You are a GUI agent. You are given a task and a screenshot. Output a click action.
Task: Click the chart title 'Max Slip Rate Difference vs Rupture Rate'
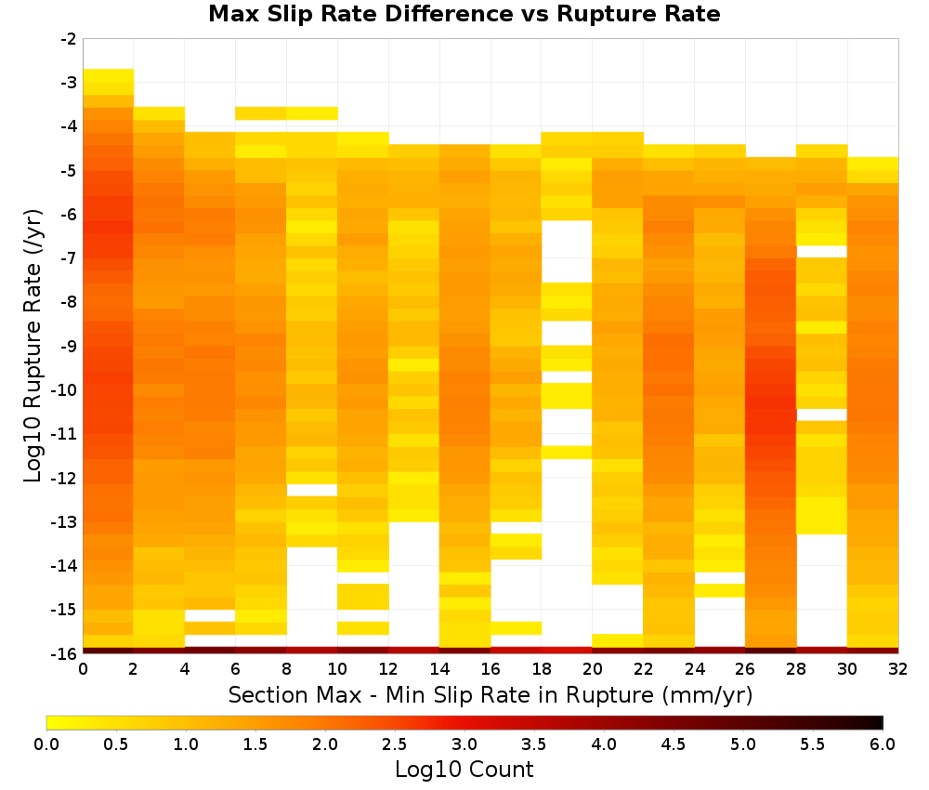click(464, 14)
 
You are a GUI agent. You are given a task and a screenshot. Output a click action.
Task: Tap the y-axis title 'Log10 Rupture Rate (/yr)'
click(33, 346)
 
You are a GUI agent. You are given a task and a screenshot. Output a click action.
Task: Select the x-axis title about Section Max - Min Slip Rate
click(490, 694)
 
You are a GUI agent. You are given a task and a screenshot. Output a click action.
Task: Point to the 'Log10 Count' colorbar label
click(464, 770)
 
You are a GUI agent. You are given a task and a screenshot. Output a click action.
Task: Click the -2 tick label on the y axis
click(69, 39)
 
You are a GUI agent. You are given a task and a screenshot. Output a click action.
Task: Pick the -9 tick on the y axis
click(69, 346)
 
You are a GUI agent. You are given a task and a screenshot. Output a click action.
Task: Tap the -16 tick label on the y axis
click(65, 653)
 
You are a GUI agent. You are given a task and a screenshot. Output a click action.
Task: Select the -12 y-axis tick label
click(65, 478)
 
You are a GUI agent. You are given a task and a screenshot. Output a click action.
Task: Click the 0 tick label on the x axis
click(83, 669)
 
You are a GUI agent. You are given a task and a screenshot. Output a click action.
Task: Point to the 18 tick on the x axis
click(542, 669)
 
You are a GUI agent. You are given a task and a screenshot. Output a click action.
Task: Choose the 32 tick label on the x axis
click(898, 669)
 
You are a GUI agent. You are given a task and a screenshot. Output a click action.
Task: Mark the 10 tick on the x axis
click(338, 669)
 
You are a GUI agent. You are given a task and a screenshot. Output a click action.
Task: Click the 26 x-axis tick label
click(745, 669)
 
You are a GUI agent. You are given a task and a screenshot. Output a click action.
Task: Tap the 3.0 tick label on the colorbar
click(464, 744)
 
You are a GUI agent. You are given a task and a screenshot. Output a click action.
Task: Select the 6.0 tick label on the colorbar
click(883, 744)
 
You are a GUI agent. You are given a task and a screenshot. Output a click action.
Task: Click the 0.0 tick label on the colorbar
click(46, 744)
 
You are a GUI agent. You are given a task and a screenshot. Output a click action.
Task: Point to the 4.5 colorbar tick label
click(674, 744)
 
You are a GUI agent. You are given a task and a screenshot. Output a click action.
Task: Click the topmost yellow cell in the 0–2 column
click(109, 76)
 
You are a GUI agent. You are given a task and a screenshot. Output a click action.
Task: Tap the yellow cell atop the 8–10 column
click(311, 113)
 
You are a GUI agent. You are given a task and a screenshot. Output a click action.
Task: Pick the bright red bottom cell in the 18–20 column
click(567, 651)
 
